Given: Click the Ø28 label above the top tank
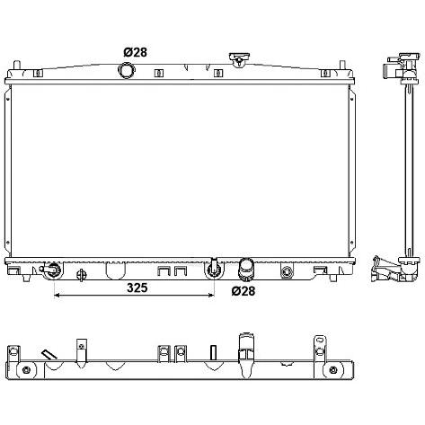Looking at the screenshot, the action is click(x=135, y=52).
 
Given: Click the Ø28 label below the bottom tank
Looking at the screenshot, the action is click(x=243, y=290).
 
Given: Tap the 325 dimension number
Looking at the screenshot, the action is click(x=137, y=288).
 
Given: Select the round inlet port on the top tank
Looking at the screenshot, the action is click(x=127, y=71).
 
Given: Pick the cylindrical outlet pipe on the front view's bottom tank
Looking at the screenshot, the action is click(x=246, y=270).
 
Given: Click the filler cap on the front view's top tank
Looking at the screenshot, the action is click(x=239, y=60).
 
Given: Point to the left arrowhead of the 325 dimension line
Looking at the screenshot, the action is click(x=58, y=296).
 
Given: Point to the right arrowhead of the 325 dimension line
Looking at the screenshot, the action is click(x=211, y=296).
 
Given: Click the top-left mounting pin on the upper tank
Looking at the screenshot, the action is click(x=17, y=65).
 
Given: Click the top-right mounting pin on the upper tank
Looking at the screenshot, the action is click(x=342, y=65).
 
